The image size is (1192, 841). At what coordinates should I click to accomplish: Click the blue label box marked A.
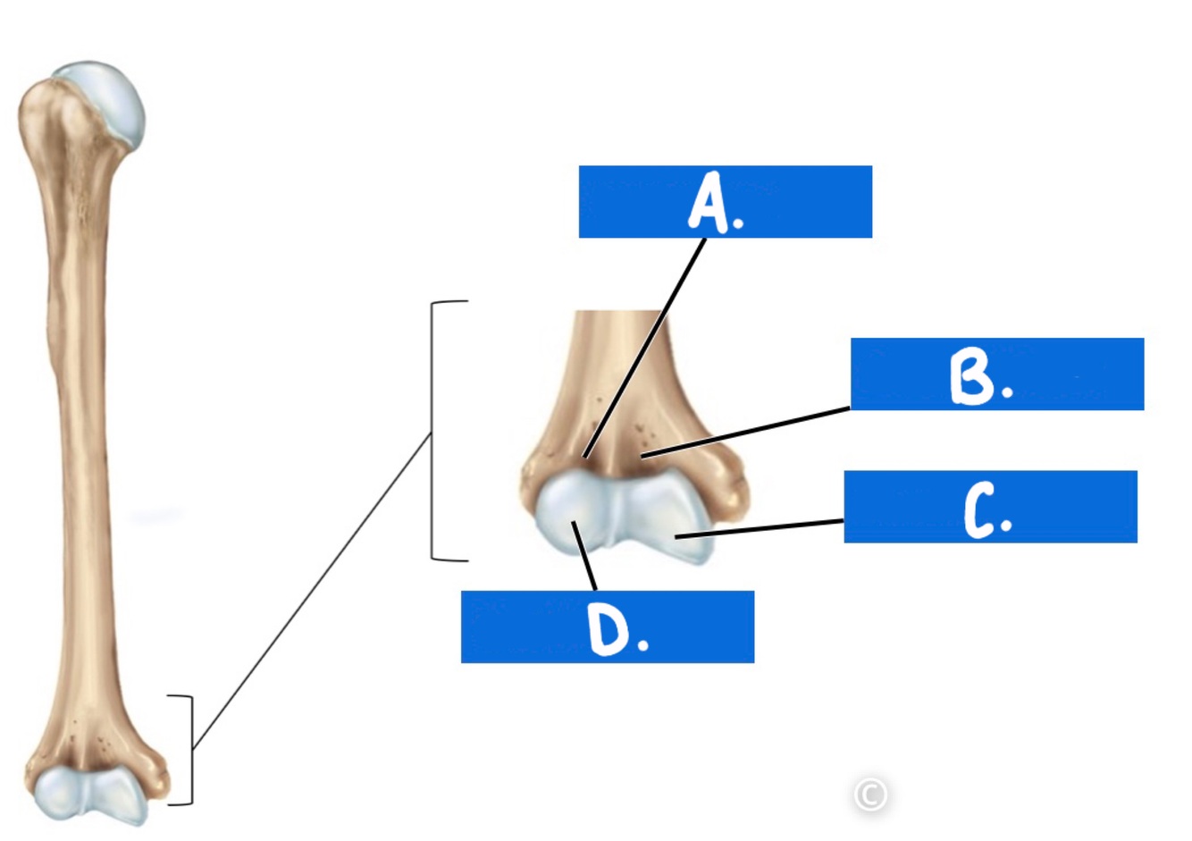(x=725, y=201)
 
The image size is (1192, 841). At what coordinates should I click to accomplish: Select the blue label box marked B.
(x=996, y=374)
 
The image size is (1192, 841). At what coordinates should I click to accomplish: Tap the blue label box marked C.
(x=990, y=507)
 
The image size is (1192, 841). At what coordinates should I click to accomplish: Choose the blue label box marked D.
(x=607, y=627)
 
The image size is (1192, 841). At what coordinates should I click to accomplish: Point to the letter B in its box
(x=972, y=376)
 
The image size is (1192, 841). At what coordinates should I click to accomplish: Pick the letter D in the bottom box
(x=608, y=629)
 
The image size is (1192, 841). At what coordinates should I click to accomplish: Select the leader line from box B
(x=746, y=432)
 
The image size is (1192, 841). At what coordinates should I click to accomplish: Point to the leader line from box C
(x=760, y=528)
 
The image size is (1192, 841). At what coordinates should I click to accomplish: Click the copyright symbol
(x=870, y=794)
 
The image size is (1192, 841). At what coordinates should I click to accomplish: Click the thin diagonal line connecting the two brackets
(x=313, y=590)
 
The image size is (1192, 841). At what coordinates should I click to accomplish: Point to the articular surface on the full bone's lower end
(x=89, y=793)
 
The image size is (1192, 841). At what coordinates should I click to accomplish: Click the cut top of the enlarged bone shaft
(x=618, y=313)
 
